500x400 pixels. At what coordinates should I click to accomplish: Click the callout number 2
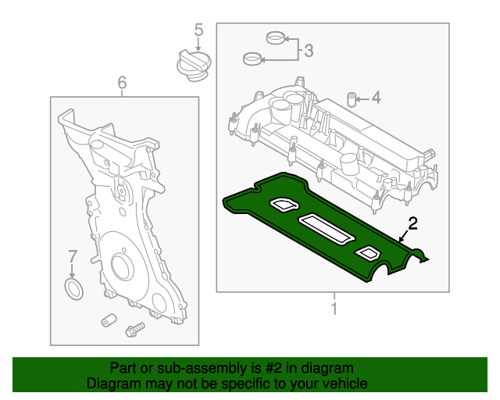413,223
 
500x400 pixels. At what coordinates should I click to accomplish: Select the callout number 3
309,52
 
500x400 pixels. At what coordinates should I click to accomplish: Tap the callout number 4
376,98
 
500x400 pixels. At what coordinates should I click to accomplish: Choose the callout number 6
122,81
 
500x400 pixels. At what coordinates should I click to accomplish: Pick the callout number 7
72,256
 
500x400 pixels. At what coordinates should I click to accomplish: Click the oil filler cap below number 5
191,63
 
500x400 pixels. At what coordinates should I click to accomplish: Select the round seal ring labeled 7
73,290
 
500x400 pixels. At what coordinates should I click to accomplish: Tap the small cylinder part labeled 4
352,98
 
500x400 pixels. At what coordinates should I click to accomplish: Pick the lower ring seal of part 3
252,58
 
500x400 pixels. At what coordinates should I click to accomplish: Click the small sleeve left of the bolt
109,320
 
